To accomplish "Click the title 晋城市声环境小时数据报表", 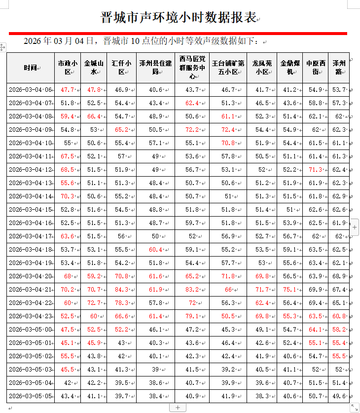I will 180,18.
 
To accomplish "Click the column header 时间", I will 30,67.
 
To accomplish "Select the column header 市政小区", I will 68,67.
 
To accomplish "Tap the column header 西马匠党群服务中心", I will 192,67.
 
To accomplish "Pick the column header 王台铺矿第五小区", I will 228,67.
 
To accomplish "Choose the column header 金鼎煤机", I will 289,67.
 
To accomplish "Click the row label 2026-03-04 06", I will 30,90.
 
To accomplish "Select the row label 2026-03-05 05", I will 30,396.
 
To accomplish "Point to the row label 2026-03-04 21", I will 30,290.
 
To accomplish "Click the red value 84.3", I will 121,290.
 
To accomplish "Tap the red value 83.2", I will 192,290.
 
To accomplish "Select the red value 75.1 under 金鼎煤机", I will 289,290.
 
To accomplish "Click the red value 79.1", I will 192,316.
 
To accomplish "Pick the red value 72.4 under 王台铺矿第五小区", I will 228,130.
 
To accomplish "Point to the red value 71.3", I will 315,170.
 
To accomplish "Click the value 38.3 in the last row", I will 262,396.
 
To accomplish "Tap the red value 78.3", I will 121,303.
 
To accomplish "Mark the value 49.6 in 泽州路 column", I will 339,396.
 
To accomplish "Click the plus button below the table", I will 178,408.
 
